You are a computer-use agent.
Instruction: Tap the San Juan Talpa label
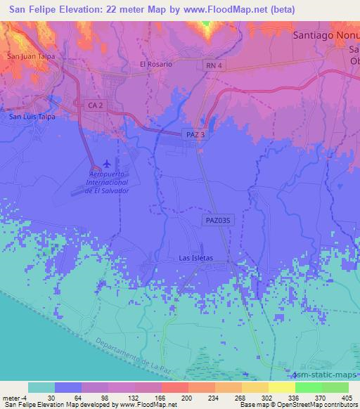click(30, 56)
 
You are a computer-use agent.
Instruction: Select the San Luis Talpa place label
click(32, 117)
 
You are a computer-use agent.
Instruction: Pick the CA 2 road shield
click(97, 104)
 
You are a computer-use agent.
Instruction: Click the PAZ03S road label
click(218, 220)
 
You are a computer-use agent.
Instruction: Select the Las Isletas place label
click(195, 259)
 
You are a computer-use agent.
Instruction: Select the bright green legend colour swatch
click(308, 387)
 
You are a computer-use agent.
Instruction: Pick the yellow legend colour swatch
click(282, 387)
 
